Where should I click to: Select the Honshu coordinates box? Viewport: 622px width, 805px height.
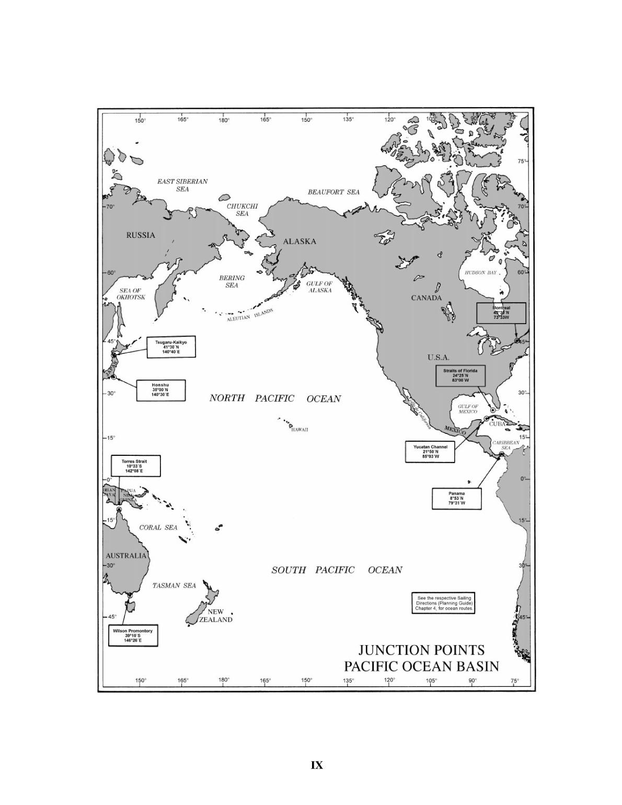pyautogui.click(x=160, y=390)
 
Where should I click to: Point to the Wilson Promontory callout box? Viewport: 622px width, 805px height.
pyautogui.click(x=133, y=635)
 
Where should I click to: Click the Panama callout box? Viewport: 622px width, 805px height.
pyautogui.click(x=456, y=498)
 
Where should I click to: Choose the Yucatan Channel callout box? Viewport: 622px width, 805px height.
pyautogui.click(x=430, y=452)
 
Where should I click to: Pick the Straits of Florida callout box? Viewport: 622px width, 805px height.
pyautogui.click(x=460, y=375)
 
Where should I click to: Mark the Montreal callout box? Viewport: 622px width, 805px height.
pyautogui.click(x=501, y=313)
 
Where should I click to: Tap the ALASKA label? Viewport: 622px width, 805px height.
pyautogui.click(x=300, y=241)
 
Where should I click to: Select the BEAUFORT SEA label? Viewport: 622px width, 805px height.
pyautogui.click(x=333, y=192)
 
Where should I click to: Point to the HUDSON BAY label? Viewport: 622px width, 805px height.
pyautogui.click(x=480, y=273)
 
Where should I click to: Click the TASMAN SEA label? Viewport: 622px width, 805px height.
pyautogui.click(x=174, y=585)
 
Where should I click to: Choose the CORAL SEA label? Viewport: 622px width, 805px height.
pyautogui.click(x=158, y=527)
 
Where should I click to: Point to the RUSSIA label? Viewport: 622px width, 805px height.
pyautogui.click(x=141, y=235)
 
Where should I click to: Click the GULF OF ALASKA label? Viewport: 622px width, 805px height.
pyautogui.click(x=319, y=286)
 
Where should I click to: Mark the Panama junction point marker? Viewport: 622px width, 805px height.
pyautogui.click(x=501, y=455)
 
